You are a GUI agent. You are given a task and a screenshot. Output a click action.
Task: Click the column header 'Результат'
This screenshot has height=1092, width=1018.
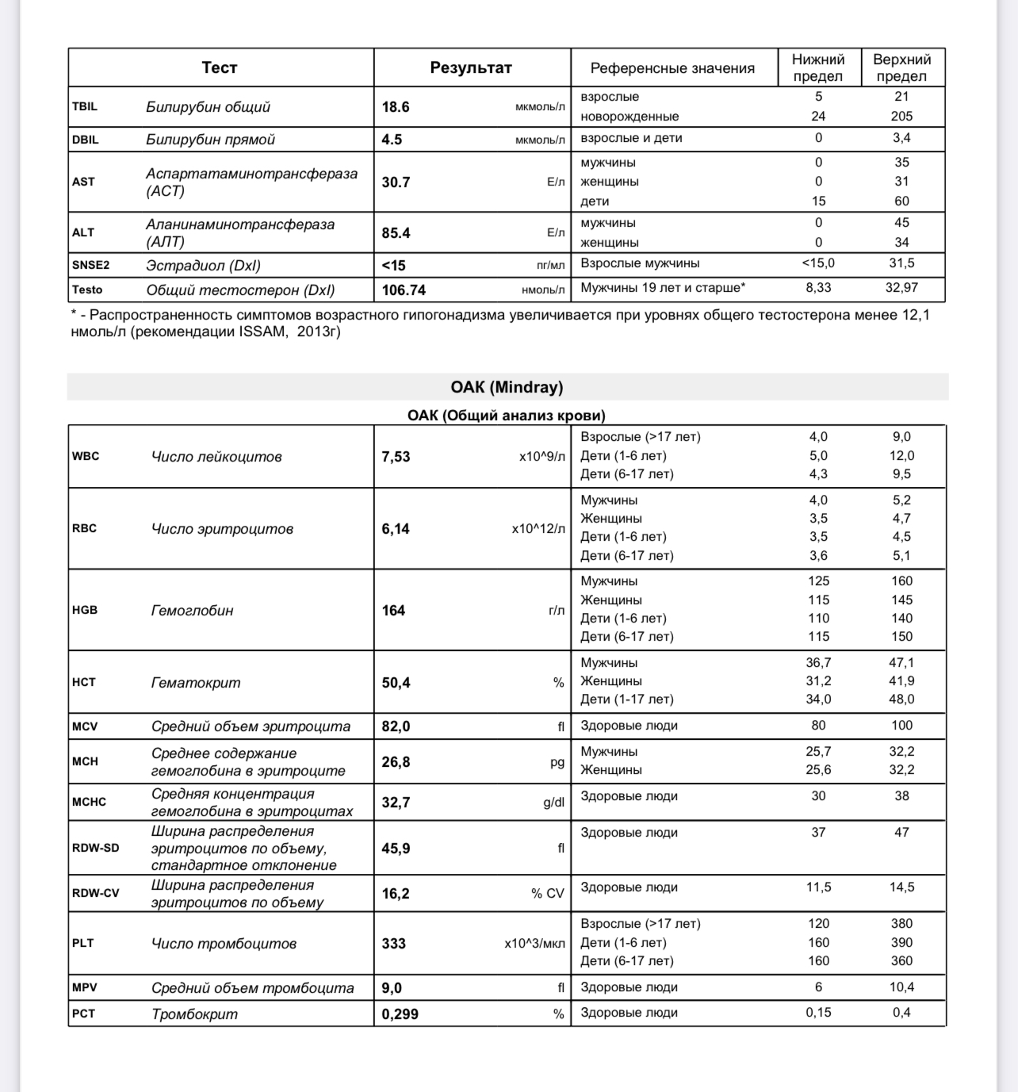point(471,68)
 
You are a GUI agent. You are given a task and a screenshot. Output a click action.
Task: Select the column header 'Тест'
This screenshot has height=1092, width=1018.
point(220,68)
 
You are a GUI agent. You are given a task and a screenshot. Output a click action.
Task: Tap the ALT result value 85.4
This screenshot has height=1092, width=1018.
point(396,233)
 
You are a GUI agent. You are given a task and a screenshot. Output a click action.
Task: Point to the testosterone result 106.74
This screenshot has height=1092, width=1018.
point(404,290)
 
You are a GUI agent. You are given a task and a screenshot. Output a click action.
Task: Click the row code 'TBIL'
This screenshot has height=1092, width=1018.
point(85,106)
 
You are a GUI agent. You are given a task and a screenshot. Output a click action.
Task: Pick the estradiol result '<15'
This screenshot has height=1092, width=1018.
point(393,266)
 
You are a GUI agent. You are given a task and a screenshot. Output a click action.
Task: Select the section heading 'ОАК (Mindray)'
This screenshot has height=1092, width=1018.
point(507,387)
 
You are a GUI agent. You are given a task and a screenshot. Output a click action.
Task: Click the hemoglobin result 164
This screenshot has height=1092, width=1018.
point(393,611)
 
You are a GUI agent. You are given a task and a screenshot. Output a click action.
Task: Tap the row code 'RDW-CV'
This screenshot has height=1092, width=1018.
point(95,893)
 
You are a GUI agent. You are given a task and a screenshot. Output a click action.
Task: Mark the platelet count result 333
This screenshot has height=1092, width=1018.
point(393,944)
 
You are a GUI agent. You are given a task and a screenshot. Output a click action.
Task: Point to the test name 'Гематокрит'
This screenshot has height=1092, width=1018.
point(196,683)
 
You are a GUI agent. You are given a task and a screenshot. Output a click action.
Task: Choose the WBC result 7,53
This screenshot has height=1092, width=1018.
point(396,457)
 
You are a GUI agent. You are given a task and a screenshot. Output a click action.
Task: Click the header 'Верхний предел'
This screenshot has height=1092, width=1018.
point(901,68)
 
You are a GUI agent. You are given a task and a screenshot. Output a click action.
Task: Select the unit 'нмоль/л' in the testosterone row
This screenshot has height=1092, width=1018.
point(543,290)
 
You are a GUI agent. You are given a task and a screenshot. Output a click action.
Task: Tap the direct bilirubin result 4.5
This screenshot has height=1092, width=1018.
point(392,140)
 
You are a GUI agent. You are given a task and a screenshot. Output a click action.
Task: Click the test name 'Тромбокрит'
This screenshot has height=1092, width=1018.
point(194,1014)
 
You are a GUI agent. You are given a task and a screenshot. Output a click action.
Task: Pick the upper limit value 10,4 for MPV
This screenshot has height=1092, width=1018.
point(901,987)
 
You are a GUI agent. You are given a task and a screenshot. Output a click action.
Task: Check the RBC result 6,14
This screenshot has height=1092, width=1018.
point(396,529)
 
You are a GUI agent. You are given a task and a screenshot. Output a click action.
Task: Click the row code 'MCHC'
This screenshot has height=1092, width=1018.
point(89,802)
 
